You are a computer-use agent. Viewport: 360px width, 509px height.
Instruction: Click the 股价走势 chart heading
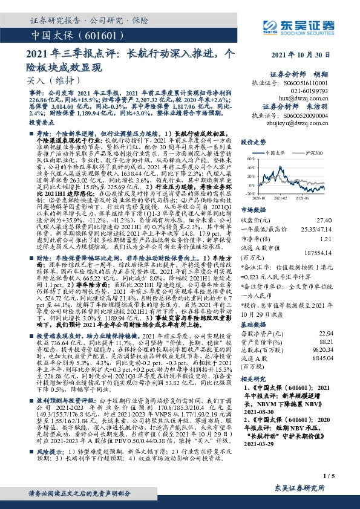pyautogui.click(x=254, y=142)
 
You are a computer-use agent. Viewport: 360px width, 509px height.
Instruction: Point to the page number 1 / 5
pyautogui.click(x=345, y=477)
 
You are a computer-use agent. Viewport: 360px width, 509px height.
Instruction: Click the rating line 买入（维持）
pyautogui.click(x=45, y=79)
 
